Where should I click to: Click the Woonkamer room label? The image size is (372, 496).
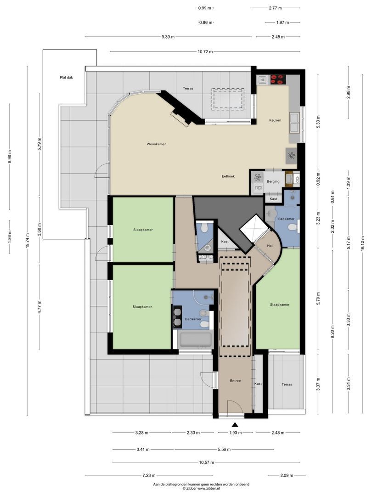click(x=156, y=144)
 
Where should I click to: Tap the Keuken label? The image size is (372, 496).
click(x=275, y=120)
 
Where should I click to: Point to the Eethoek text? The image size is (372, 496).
click(x=228, y=176)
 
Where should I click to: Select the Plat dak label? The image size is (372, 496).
click(x=66, y=78)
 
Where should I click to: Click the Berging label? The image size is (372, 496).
click(x=273, y=182)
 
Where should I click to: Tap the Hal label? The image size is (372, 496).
click(x=270, y=246)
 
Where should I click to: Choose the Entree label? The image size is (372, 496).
click(x=235, y=381)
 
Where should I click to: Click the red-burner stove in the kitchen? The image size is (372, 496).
click(x=277, y=79)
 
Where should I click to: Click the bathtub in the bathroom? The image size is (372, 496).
click(x=196, y=340)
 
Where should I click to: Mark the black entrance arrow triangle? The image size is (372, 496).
click(x=235, y=425)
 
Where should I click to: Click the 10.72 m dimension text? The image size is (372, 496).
click(x=205, y=52)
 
